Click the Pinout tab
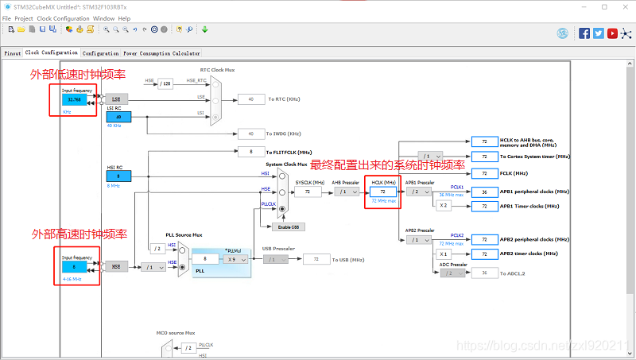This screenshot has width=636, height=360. (12, 53)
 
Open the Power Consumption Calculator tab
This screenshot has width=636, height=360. (161, 53)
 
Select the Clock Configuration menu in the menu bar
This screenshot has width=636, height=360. (63, 17)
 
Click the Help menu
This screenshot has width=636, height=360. (124, 17)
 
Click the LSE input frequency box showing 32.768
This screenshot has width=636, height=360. (75, 99)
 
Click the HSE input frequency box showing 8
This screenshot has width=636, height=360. (75, 267)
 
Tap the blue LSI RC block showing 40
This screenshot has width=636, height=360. (118, 117)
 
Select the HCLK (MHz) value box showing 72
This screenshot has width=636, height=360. (382, 192)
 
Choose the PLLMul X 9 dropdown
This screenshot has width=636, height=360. (235, 259)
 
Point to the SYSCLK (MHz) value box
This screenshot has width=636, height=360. (307, 192)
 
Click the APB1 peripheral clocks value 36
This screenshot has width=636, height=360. (483, 192)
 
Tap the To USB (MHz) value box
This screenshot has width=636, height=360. (316, 259)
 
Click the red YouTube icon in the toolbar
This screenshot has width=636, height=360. (612, 33)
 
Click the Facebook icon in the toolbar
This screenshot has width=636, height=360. (584, 33)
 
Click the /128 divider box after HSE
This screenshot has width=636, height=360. (165, 83)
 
